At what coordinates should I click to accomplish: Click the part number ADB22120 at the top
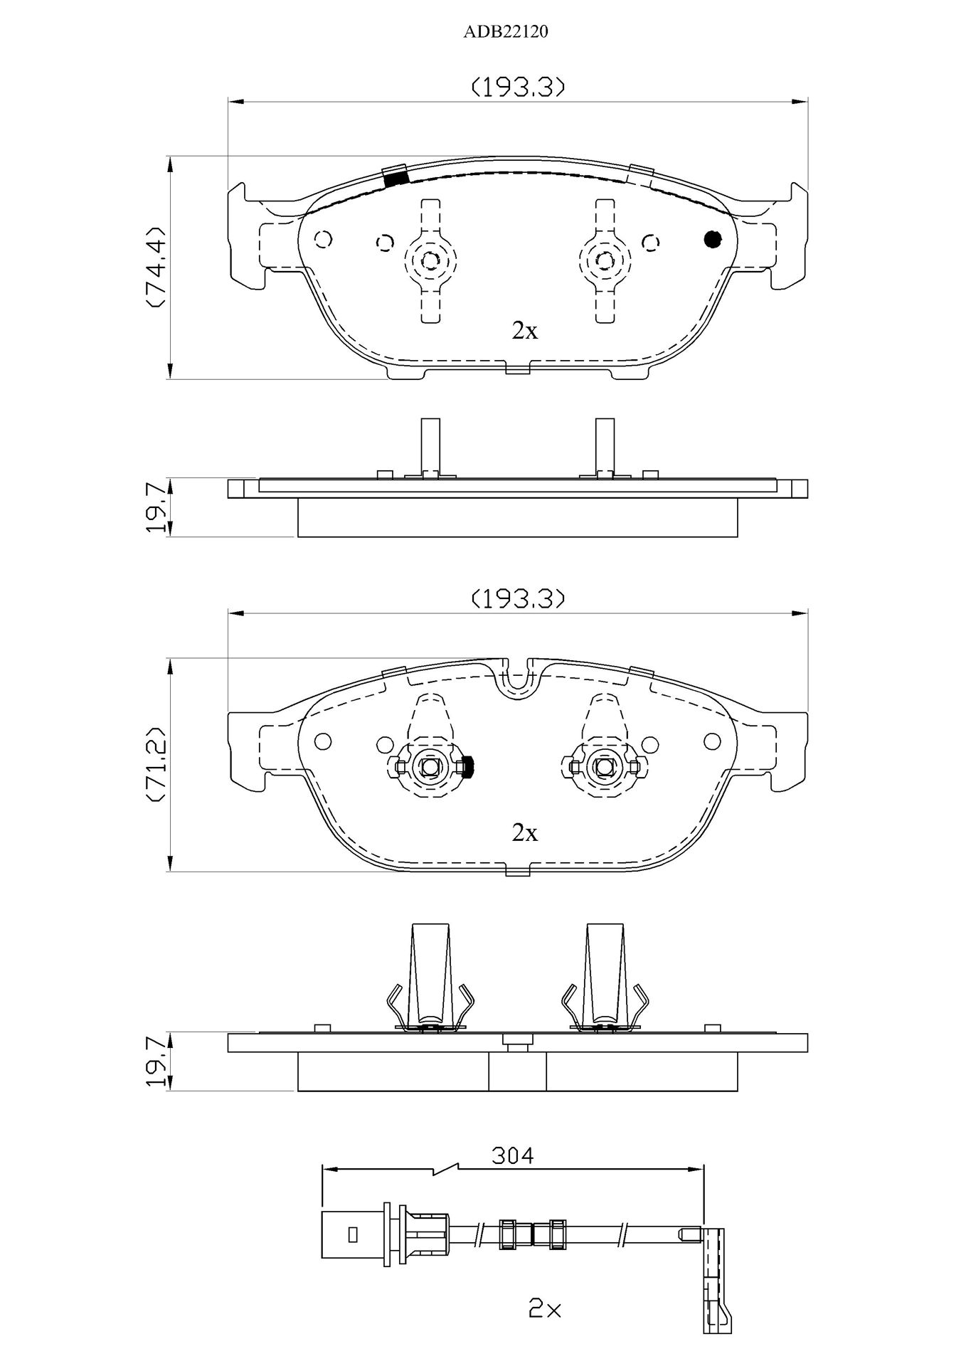(x=506, y=32)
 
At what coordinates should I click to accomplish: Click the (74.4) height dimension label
(x=154, y=267)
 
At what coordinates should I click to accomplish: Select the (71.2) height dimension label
(x=154, y=765)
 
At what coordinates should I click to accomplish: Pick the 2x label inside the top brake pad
(x=525, y=330)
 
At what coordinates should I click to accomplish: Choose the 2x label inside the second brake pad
(x=525, y=832)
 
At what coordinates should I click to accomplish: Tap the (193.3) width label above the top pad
(x=519, y=88)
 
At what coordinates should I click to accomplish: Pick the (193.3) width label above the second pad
(x=519, y=599)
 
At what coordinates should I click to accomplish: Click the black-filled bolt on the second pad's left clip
(x=467, y=766)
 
